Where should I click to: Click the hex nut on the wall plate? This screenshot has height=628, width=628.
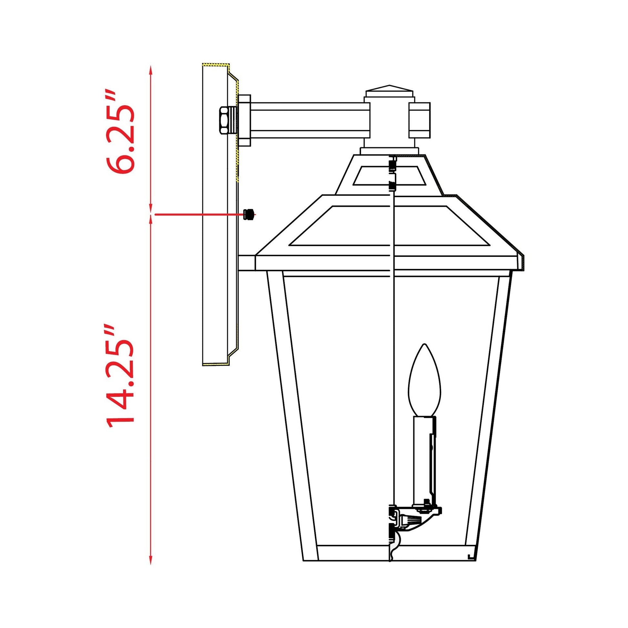tap(225, 120)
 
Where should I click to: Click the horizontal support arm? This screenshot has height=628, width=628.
tap(309, 120)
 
